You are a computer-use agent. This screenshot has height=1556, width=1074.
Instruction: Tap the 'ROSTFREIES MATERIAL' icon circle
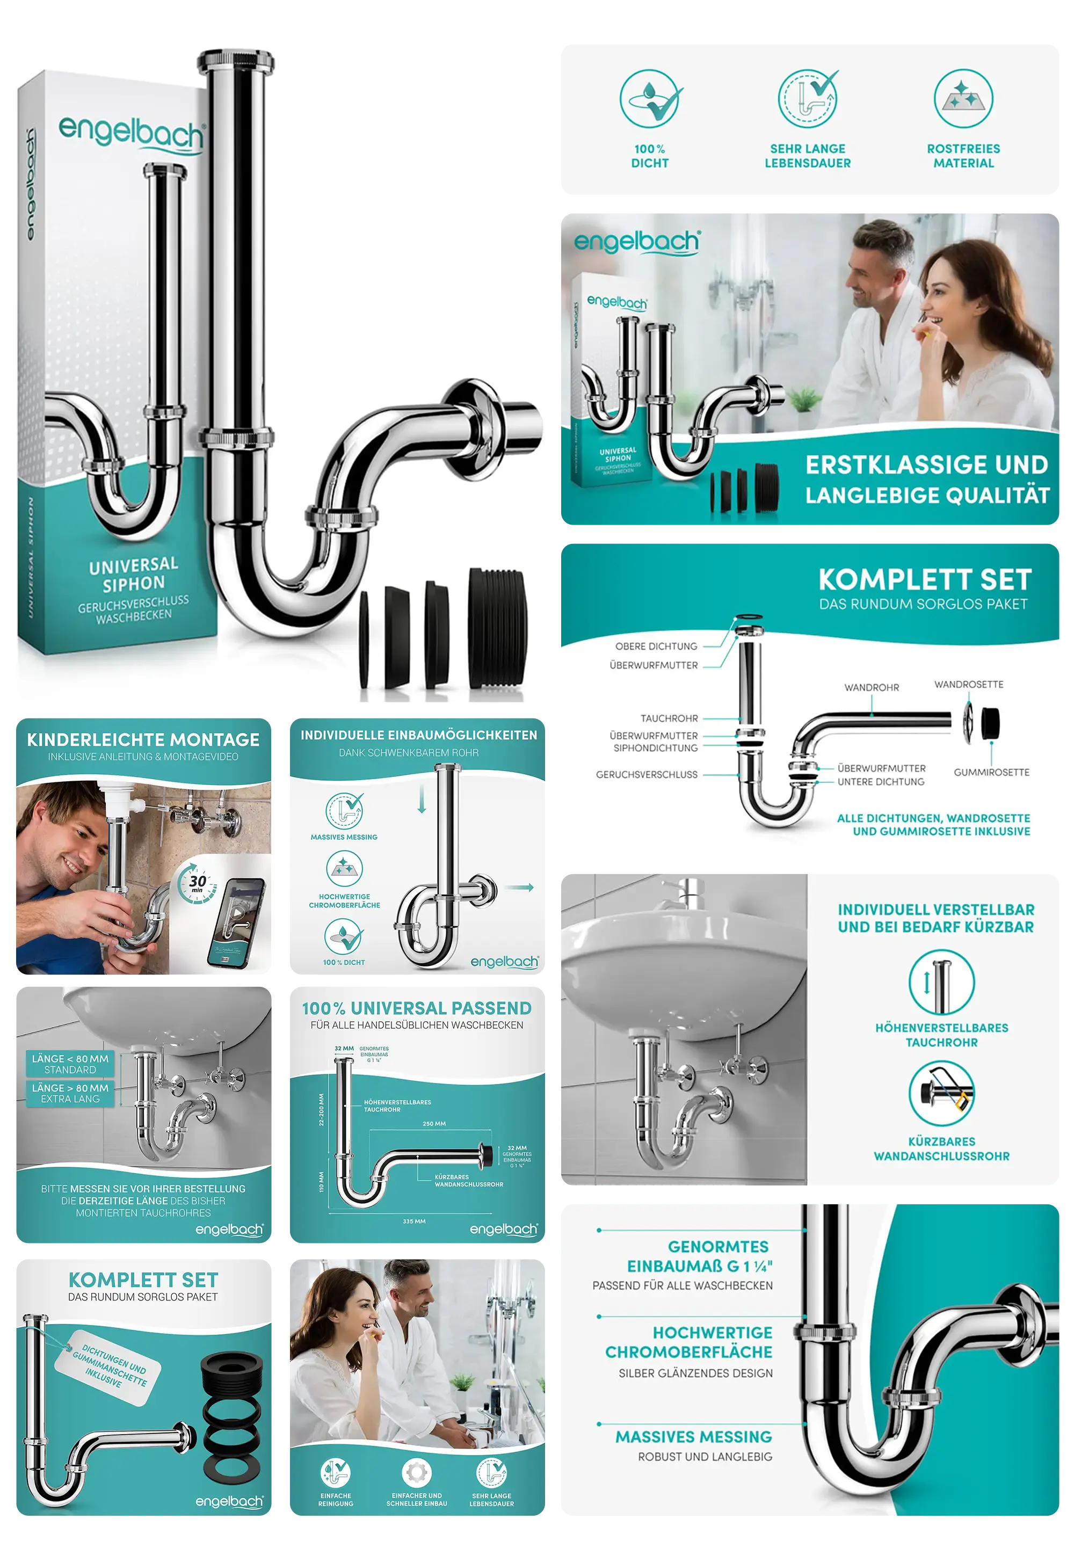963,99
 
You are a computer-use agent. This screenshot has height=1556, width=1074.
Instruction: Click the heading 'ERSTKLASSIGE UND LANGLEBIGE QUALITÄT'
927,479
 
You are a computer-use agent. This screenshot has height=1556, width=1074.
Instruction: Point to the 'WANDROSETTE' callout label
968,684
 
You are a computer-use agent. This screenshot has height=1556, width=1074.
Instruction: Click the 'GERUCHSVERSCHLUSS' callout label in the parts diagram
646,774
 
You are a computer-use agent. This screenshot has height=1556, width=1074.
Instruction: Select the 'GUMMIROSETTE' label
991,772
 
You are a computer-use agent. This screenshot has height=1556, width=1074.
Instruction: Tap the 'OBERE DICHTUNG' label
656,646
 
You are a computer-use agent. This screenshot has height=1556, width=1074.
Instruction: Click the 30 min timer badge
197,883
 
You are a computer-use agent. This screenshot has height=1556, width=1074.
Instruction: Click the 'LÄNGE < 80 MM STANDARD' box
70,1064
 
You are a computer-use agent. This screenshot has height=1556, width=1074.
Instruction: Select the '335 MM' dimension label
414,1221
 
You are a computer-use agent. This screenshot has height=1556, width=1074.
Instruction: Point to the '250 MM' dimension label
434,1123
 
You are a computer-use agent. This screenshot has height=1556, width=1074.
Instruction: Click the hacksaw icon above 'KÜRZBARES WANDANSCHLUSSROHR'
941,1093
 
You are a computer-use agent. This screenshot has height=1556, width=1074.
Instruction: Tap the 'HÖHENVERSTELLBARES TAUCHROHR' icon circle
941,981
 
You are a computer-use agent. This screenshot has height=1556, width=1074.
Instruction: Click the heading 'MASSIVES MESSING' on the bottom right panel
693,1436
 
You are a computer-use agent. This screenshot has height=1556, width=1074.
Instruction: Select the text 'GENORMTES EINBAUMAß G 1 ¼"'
699,1256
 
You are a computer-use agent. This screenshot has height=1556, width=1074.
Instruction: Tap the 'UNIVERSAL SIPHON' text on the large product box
134,574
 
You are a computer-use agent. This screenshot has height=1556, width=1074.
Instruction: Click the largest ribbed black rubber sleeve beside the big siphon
498,628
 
